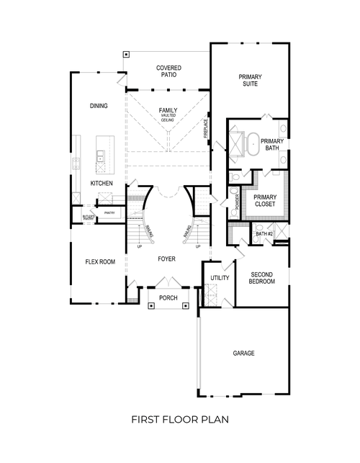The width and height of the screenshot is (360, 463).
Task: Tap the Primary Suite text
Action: (x=250, y=80)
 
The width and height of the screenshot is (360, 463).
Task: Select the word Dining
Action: (x=99, y=106)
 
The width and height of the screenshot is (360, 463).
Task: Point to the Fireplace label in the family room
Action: (x=206, y=128)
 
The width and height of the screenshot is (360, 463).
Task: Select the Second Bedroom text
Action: (x=262, y=278)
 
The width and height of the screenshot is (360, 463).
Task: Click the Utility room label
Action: (x=219, y=278)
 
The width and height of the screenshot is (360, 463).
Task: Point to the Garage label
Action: (x=243, y=354)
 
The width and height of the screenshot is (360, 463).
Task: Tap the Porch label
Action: (x=168, y=297)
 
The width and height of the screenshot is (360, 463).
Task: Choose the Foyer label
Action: (x=167, y=258)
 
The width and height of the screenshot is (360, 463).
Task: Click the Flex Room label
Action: (x=100, y=262)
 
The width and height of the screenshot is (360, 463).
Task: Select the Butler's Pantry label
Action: (x=89, y=217)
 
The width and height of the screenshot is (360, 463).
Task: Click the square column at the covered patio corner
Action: (x=126, y=54)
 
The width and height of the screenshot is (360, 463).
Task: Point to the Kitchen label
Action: (x=102, y=184)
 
